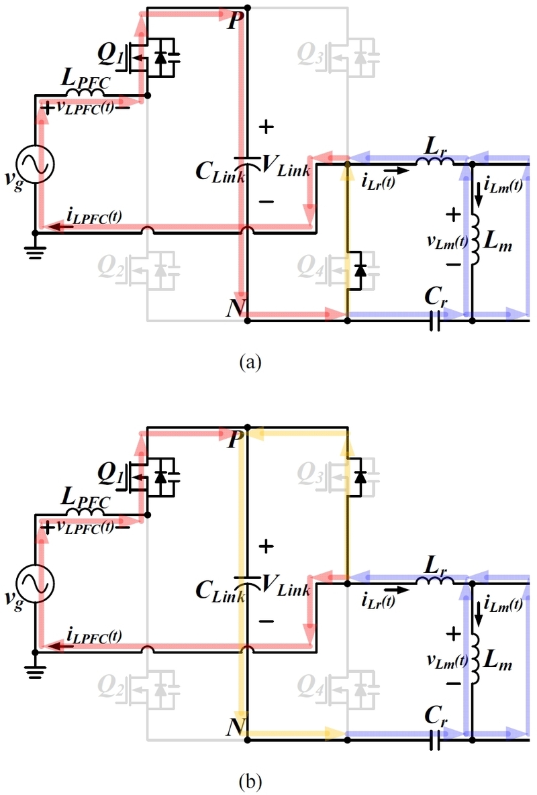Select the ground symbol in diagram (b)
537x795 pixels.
(x=34, y=671)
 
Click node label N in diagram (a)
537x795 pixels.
(x=234, y=307)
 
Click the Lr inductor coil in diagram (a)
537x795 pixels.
(x=434, y=162)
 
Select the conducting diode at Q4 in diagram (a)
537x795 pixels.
(x=360, y=270)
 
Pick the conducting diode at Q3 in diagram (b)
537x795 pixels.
(x=360, y=476)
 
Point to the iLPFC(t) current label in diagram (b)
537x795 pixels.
(x=94, y=634)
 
